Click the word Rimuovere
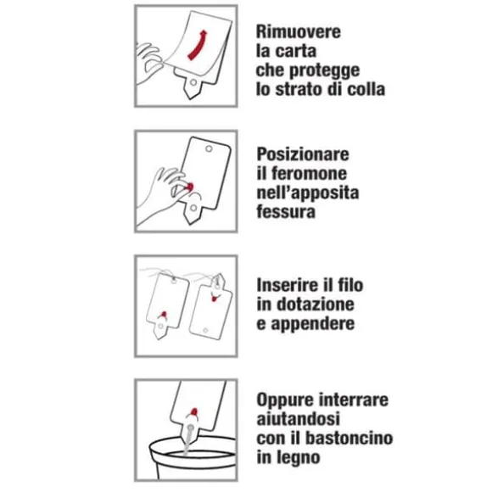point(298,31)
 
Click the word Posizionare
point(303,154)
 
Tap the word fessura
point(286,211)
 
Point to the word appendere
point(313,324)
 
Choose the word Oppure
point(285,400)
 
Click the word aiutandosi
point(299,419)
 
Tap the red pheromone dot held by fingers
point(190,187)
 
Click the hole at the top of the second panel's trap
point(209,148)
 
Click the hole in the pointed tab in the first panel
point(193,82)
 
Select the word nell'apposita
point(308,193)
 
